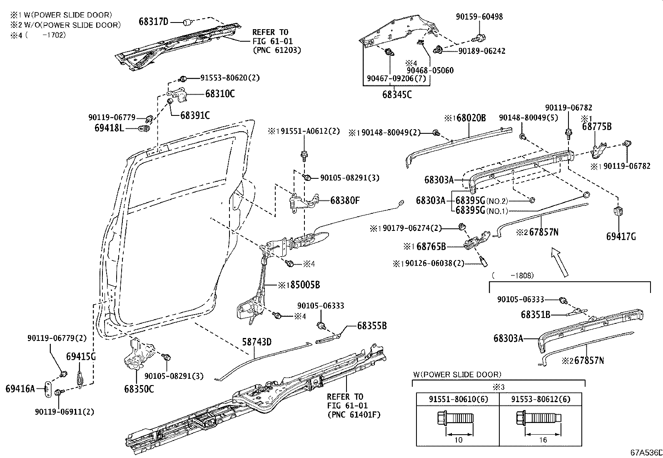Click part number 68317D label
153,21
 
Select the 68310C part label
219,94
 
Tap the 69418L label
109,128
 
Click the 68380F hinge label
345,200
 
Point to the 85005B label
305,285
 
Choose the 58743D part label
257,342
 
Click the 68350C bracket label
139,389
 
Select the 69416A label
20,389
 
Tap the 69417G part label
621,237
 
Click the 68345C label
397,95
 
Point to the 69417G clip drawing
618,211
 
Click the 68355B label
371,326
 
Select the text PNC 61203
277,50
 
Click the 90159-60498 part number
479,17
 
